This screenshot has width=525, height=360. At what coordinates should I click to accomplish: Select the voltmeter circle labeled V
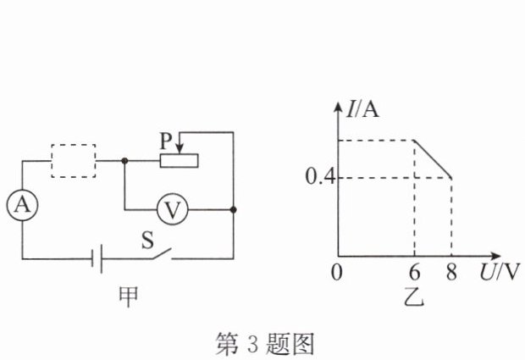(x=173, y=209)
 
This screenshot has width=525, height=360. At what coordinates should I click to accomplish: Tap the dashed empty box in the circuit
(x=73, y=160)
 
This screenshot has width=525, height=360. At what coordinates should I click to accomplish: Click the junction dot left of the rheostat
(x=124, y=160)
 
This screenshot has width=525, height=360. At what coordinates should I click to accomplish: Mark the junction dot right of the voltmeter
(x=232, y=209)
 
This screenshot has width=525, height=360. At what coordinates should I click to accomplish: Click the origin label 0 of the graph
(x=336, y=273)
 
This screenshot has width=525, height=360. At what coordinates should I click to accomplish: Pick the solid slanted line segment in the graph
(x=432, y=158)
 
